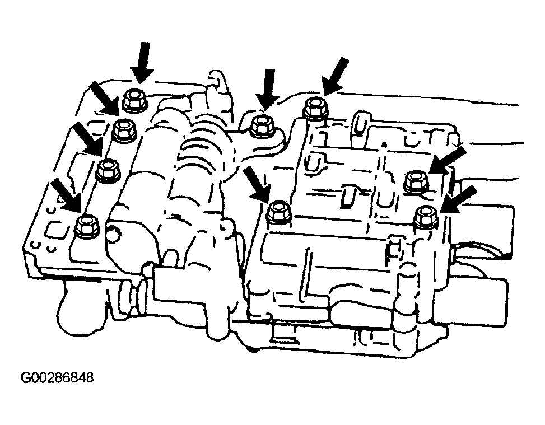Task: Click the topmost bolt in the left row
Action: tap(134, 101)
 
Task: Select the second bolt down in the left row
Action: tap(124, 130)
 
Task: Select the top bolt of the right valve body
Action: tap(315, 108)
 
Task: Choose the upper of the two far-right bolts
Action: tap(417, 181)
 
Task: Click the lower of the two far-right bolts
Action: tap(426, 217)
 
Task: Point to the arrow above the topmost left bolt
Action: tap(143, 63)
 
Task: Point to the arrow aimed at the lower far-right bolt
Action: tap(459, 199)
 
